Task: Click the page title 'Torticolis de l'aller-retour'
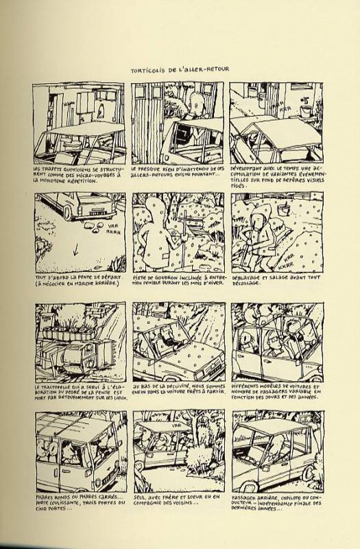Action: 180,69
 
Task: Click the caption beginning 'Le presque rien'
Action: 178,172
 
